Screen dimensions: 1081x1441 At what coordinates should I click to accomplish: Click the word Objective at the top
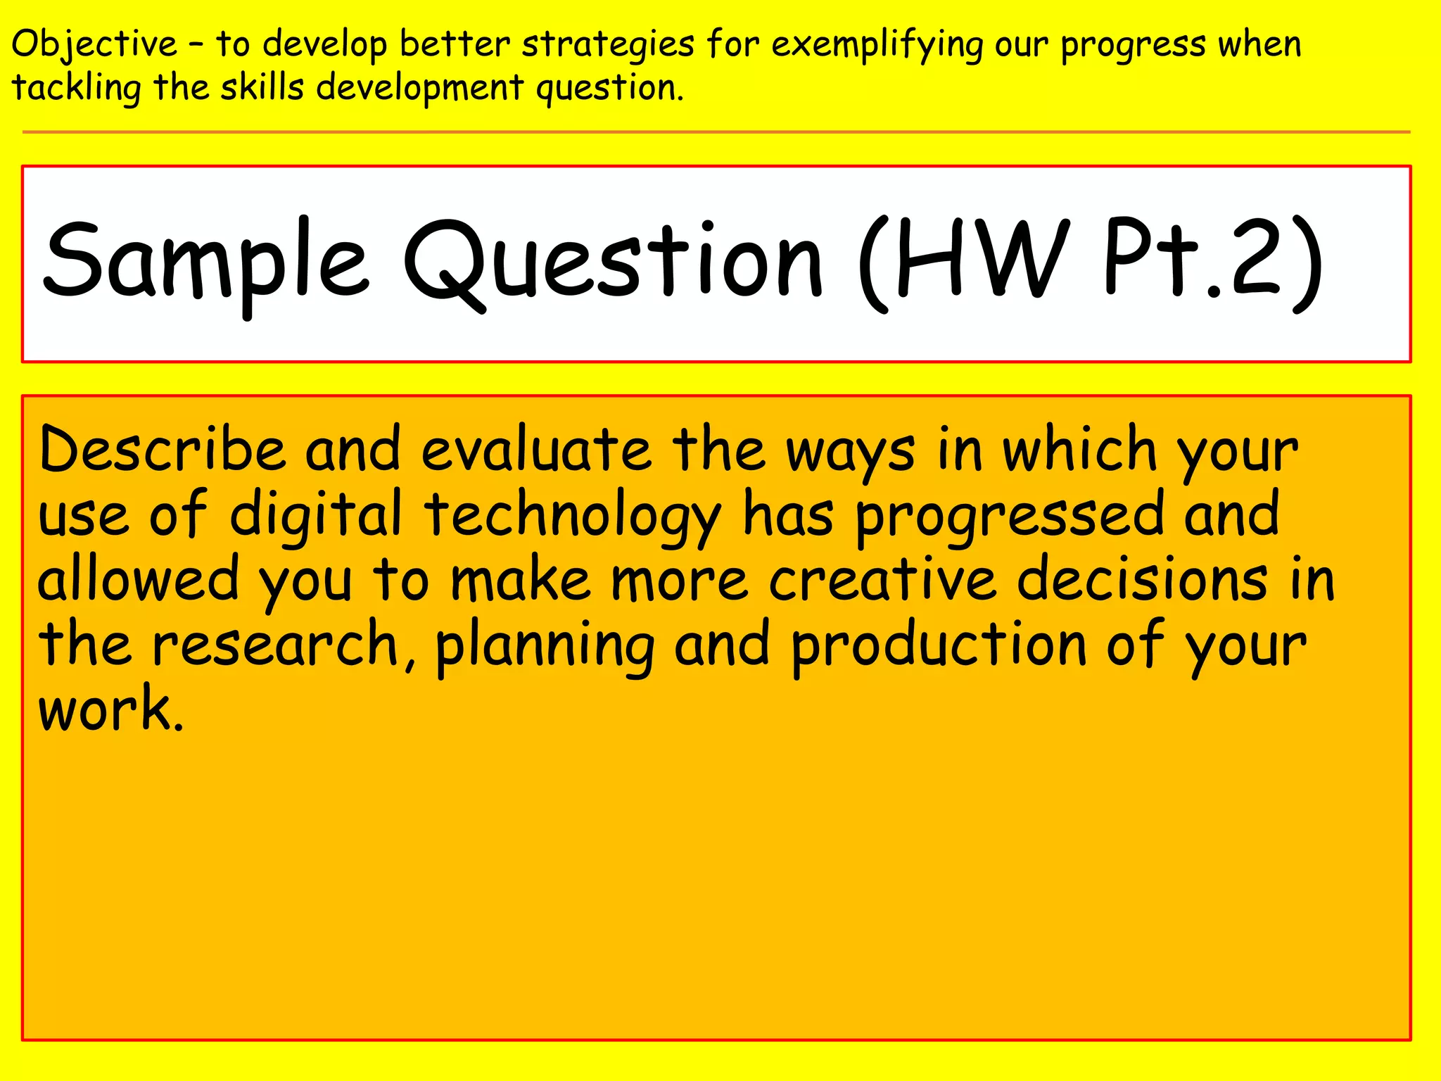click(x=94, y=45)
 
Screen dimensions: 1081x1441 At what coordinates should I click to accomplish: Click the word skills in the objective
click(x=262, y=89)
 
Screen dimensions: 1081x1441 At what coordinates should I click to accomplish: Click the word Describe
click(x=162, y=450)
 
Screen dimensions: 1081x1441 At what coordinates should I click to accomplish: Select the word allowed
click(x=138, y=579)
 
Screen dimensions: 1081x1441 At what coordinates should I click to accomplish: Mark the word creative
click(x=882, y=579)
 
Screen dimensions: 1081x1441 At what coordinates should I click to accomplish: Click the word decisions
click(x=1143, y=579)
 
